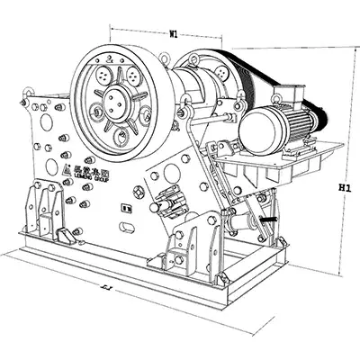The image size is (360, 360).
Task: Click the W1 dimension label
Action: [x=172, y=34]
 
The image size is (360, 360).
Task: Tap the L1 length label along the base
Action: [x=104, y=288]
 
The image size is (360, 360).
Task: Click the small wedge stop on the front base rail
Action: [x=64, y=236]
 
